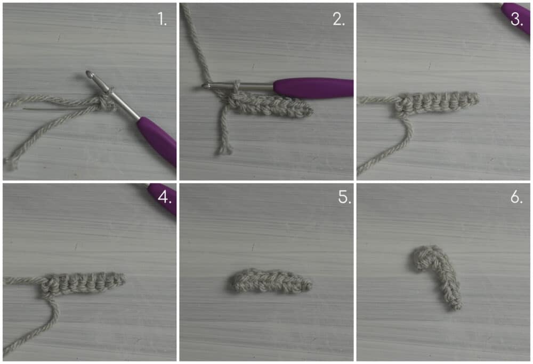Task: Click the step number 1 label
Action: point(162,19)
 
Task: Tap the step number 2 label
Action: point(338,19)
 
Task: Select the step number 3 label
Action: point(516,20)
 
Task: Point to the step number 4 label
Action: point(165,197)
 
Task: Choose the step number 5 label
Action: point(344,197)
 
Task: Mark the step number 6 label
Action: point(516,197)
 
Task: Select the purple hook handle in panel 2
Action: point(313,87)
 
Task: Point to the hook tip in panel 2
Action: point(205,86)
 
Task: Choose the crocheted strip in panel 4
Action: point(83,283)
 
